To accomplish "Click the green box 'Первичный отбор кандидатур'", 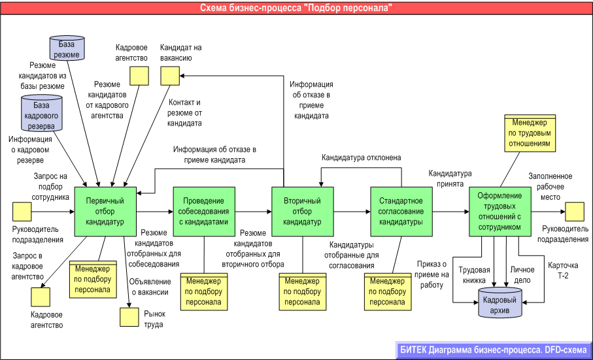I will tap(105, 211).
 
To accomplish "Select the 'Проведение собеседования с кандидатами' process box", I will tap(203, 211).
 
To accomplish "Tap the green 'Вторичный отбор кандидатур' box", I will tap(302, 211).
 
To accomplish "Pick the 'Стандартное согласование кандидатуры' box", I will tap(401, 211).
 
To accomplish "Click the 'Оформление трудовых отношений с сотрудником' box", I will tap(500, 211).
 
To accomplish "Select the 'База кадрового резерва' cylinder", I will tap(42, 114).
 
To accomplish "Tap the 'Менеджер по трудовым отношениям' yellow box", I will tap(530, 133).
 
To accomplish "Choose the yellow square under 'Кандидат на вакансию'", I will tap(170, 76).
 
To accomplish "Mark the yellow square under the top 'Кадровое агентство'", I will tap(138, 76).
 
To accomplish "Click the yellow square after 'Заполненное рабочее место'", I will tap(575, 211).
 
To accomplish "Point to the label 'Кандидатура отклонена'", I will tap(361, 157).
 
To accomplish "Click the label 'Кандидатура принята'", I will tap(450, 179).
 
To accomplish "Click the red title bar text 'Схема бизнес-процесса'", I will tap(296, 8).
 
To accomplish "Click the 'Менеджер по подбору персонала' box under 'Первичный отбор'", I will tap(92, 278).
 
